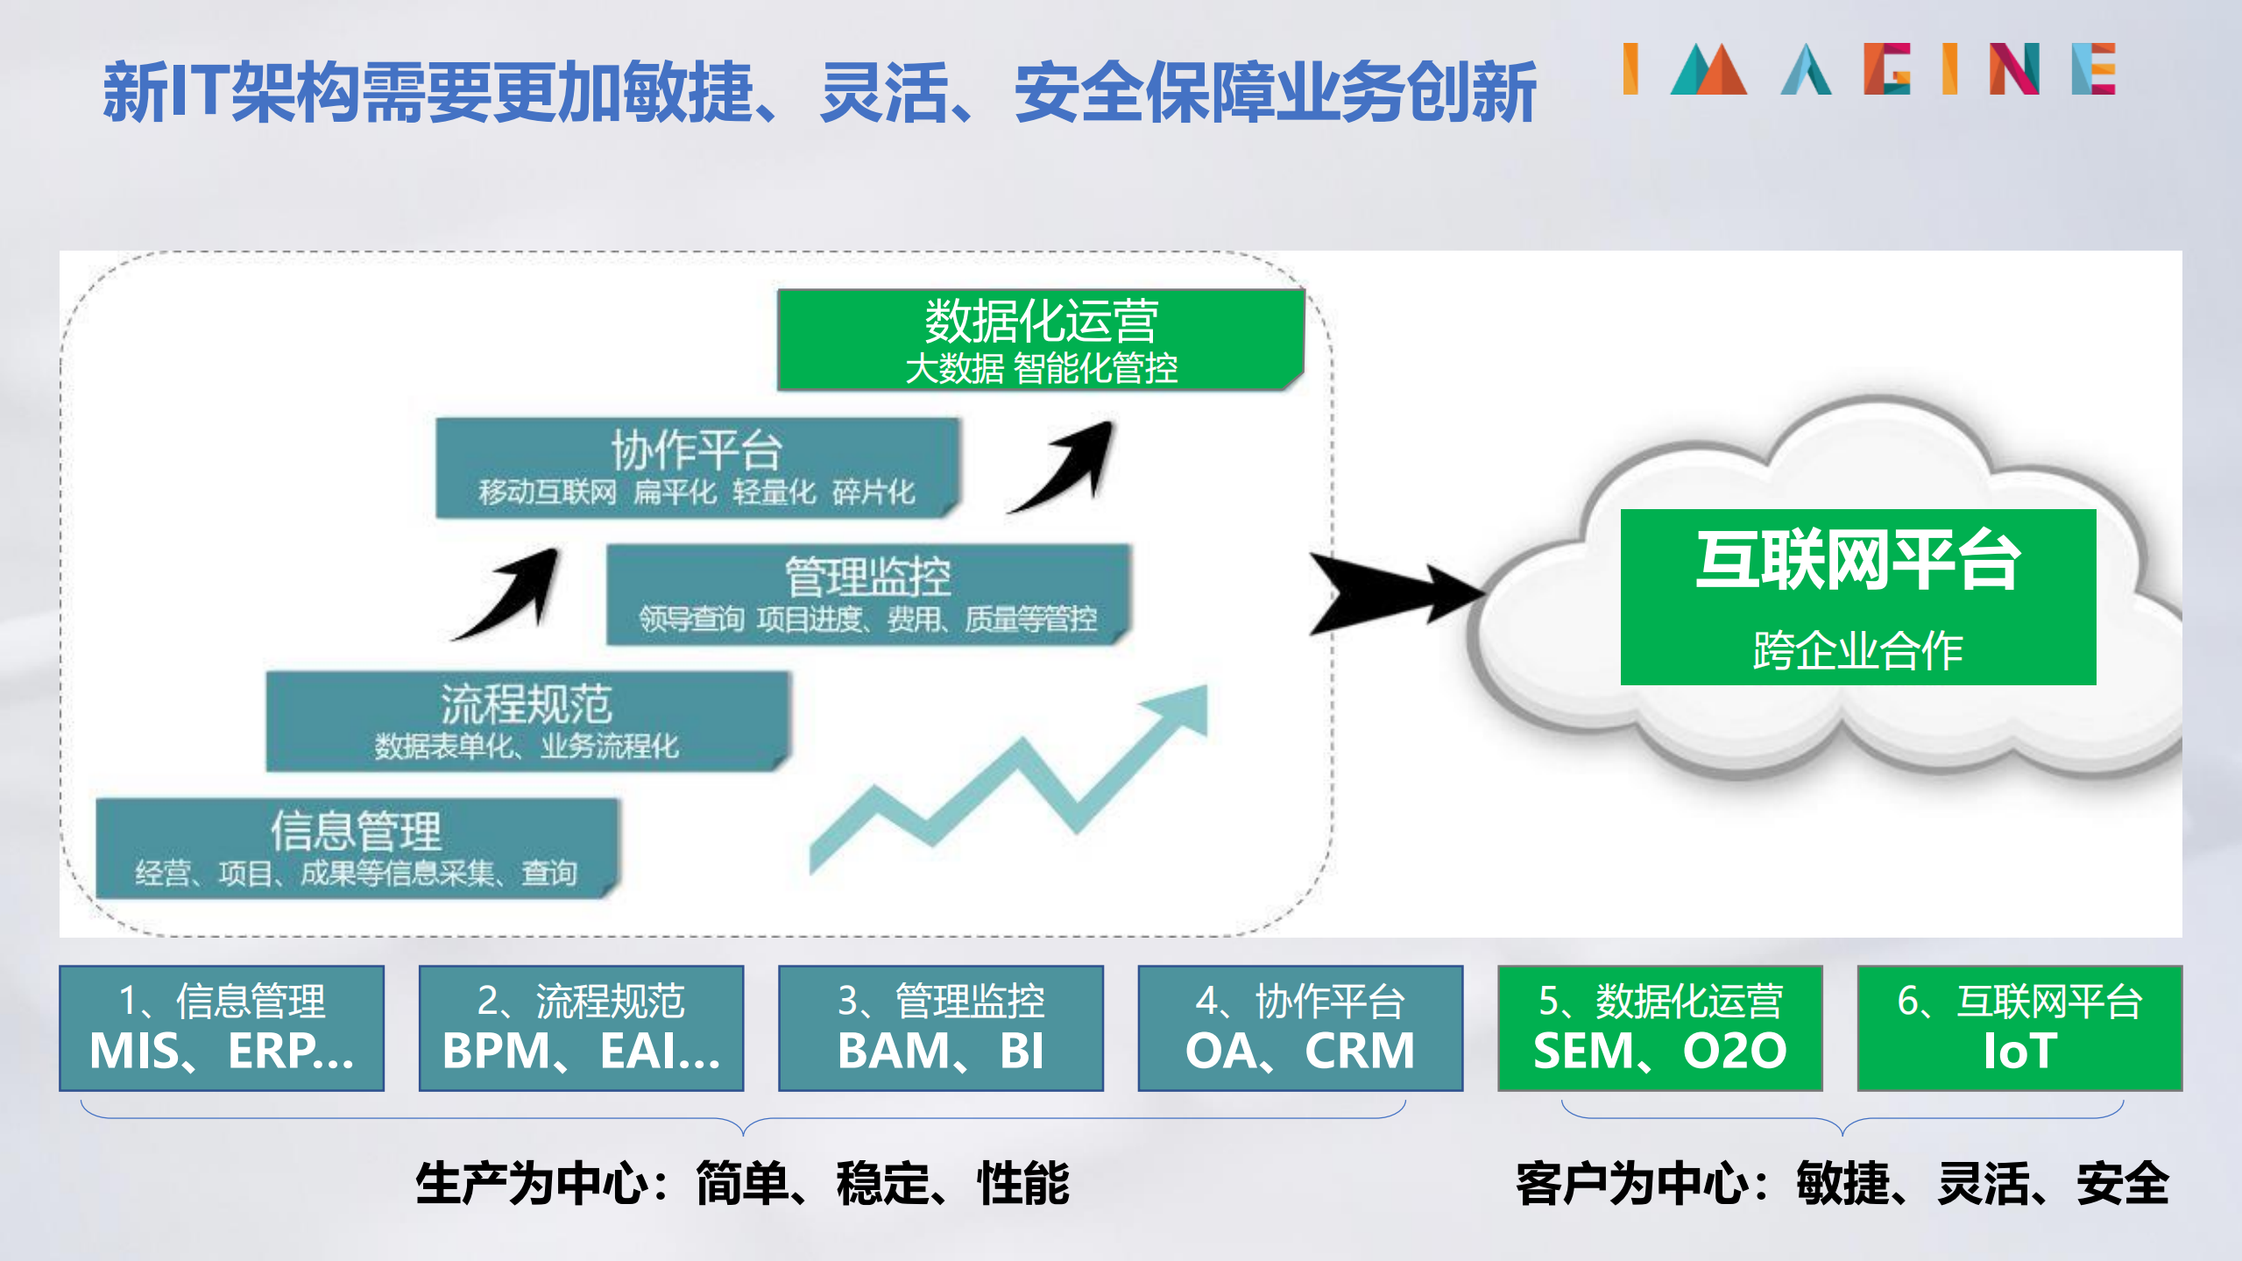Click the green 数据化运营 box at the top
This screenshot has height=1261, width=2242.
(x=1041, y=340)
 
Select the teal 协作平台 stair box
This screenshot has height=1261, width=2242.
(x=697, y=468)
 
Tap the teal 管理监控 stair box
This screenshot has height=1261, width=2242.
(x=867, y=595)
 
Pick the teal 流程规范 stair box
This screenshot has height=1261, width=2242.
(x=527, y=721)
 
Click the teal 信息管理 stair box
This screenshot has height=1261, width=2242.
(x=357, y=847)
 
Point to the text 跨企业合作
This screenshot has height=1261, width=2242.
(x=1857, y=651)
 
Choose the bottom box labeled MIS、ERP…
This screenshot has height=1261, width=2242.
(x=222, y=1028)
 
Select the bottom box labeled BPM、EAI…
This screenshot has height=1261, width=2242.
(x=581, y=1028)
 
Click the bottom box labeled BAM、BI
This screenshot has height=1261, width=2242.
(x=940, y=1028)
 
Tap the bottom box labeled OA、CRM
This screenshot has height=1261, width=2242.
(x=1300, y=1028)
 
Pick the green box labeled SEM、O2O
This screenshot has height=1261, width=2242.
(x=1659, y=1028)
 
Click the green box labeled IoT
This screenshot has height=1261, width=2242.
(x=2019, y=1028)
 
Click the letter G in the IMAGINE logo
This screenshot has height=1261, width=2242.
(x=1886, y=69)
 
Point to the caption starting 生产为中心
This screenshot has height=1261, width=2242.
(x=742, y=1183)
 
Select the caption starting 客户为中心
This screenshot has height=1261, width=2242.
(x=1842, y=1183)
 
